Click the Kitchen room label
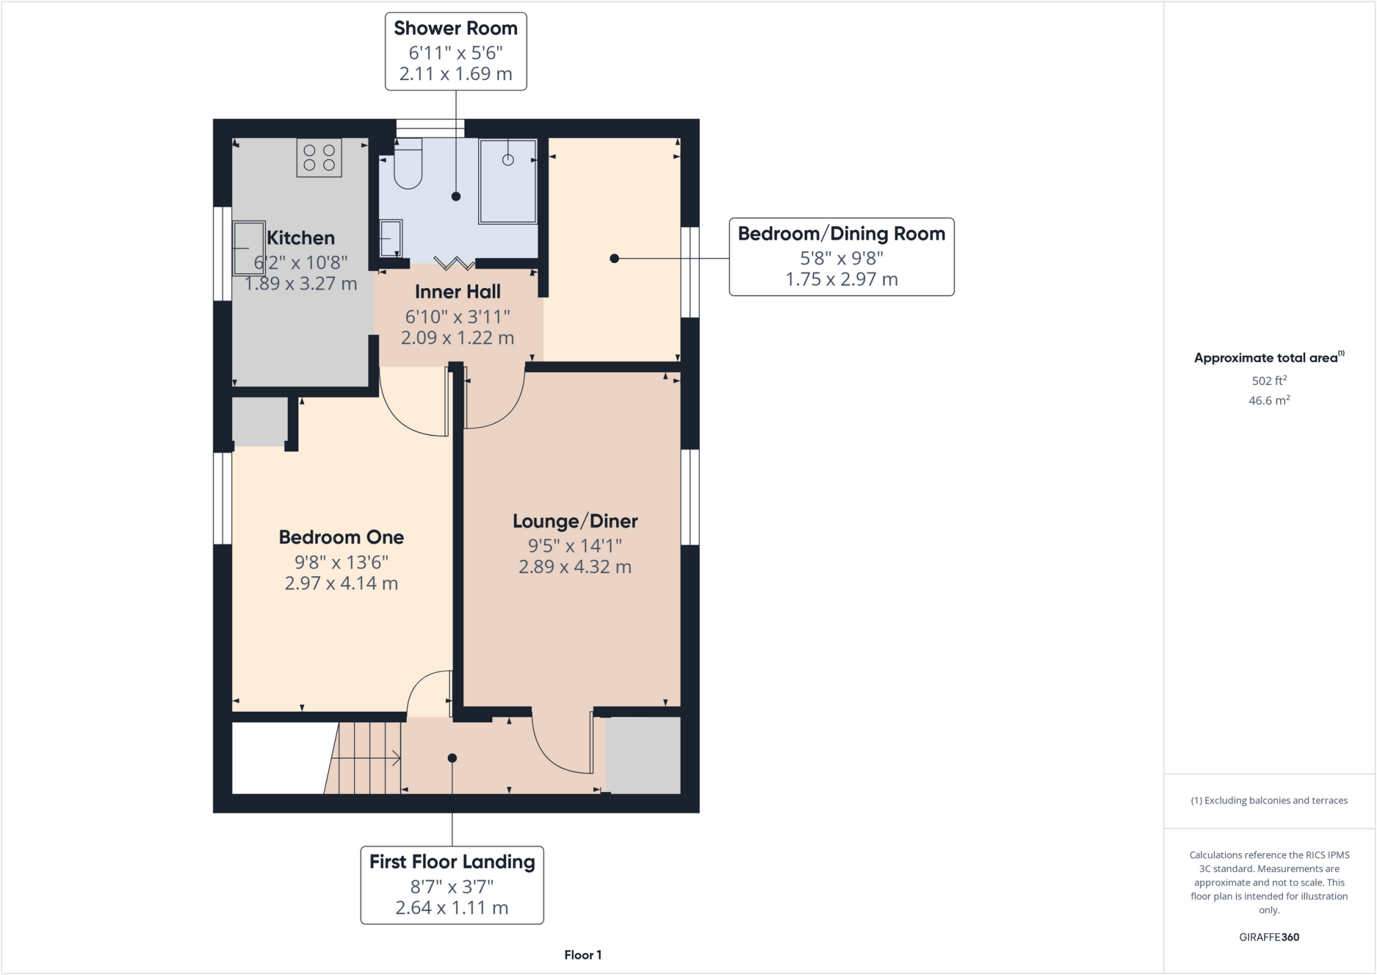[301, 238]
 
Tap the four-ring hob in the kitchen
[319, 158]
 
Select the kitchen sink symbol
[249, 248]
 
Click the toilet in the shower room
[407, 164]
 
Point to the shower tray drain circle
[508, 160]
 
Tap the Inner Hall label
[457, 292]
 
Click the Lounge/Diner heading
[575, 521]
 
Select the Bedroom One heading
[341, 538]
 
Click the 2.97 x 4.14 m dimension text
[341, 583]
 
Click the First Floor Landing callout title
[452, 862]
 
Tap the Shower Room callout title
[455, 28]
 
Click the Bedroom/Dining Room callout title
[841, 233]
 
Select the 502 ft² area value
[1269, 381]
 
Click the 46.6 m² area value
[1269, 400]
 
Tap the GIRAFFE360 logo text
[1269, 937]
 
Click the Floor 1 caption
[582, 955]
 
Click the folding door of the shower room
[455, 262]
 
